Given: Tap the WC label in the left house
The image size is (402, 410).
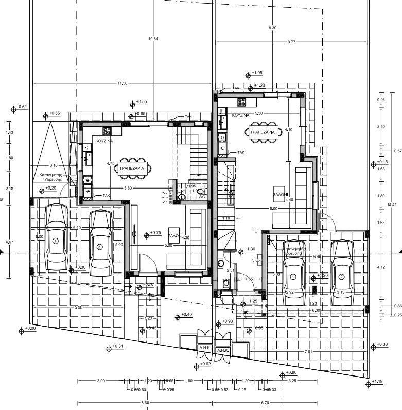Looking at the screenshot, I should pyautogui.click(x=202, y=196).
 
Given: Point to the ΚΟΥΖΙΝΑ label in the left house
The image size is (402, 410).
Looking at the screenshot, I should pyautogui.click(x=104, y=140).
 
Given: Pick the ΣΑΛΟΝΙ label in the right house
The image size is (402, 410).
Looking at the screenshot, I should pyautogui.click(x=281, y=195).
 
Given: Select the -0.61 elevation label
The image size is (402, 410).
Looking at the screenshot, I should pyautogui.click(x=22, y=107).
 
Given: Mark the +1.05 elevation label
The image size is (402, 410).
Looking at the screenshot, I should pyautogui.click(x=257, y=73).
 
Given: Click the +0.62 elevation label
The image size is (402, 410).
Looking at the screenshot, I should pyautogui.click(x=205, y=364).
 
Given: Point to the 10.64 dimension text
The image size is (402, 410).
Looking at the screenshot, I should pyautogui.click(x=153, y=39).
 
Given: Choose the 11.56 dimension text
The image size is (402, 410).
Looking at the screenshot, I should pyautogui.click(x=122, y=83).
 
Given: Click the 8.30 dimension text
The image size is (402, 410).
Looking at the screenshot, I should pyautogui.click(x=273, y=28).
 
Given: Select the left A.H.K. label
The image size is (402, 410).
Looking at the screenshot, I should pyautogui.click(x=203, y=348).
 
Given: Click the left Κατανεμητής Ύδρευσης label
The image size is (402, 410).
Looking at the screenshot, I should pyautogui.click(x=51, y=177).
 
